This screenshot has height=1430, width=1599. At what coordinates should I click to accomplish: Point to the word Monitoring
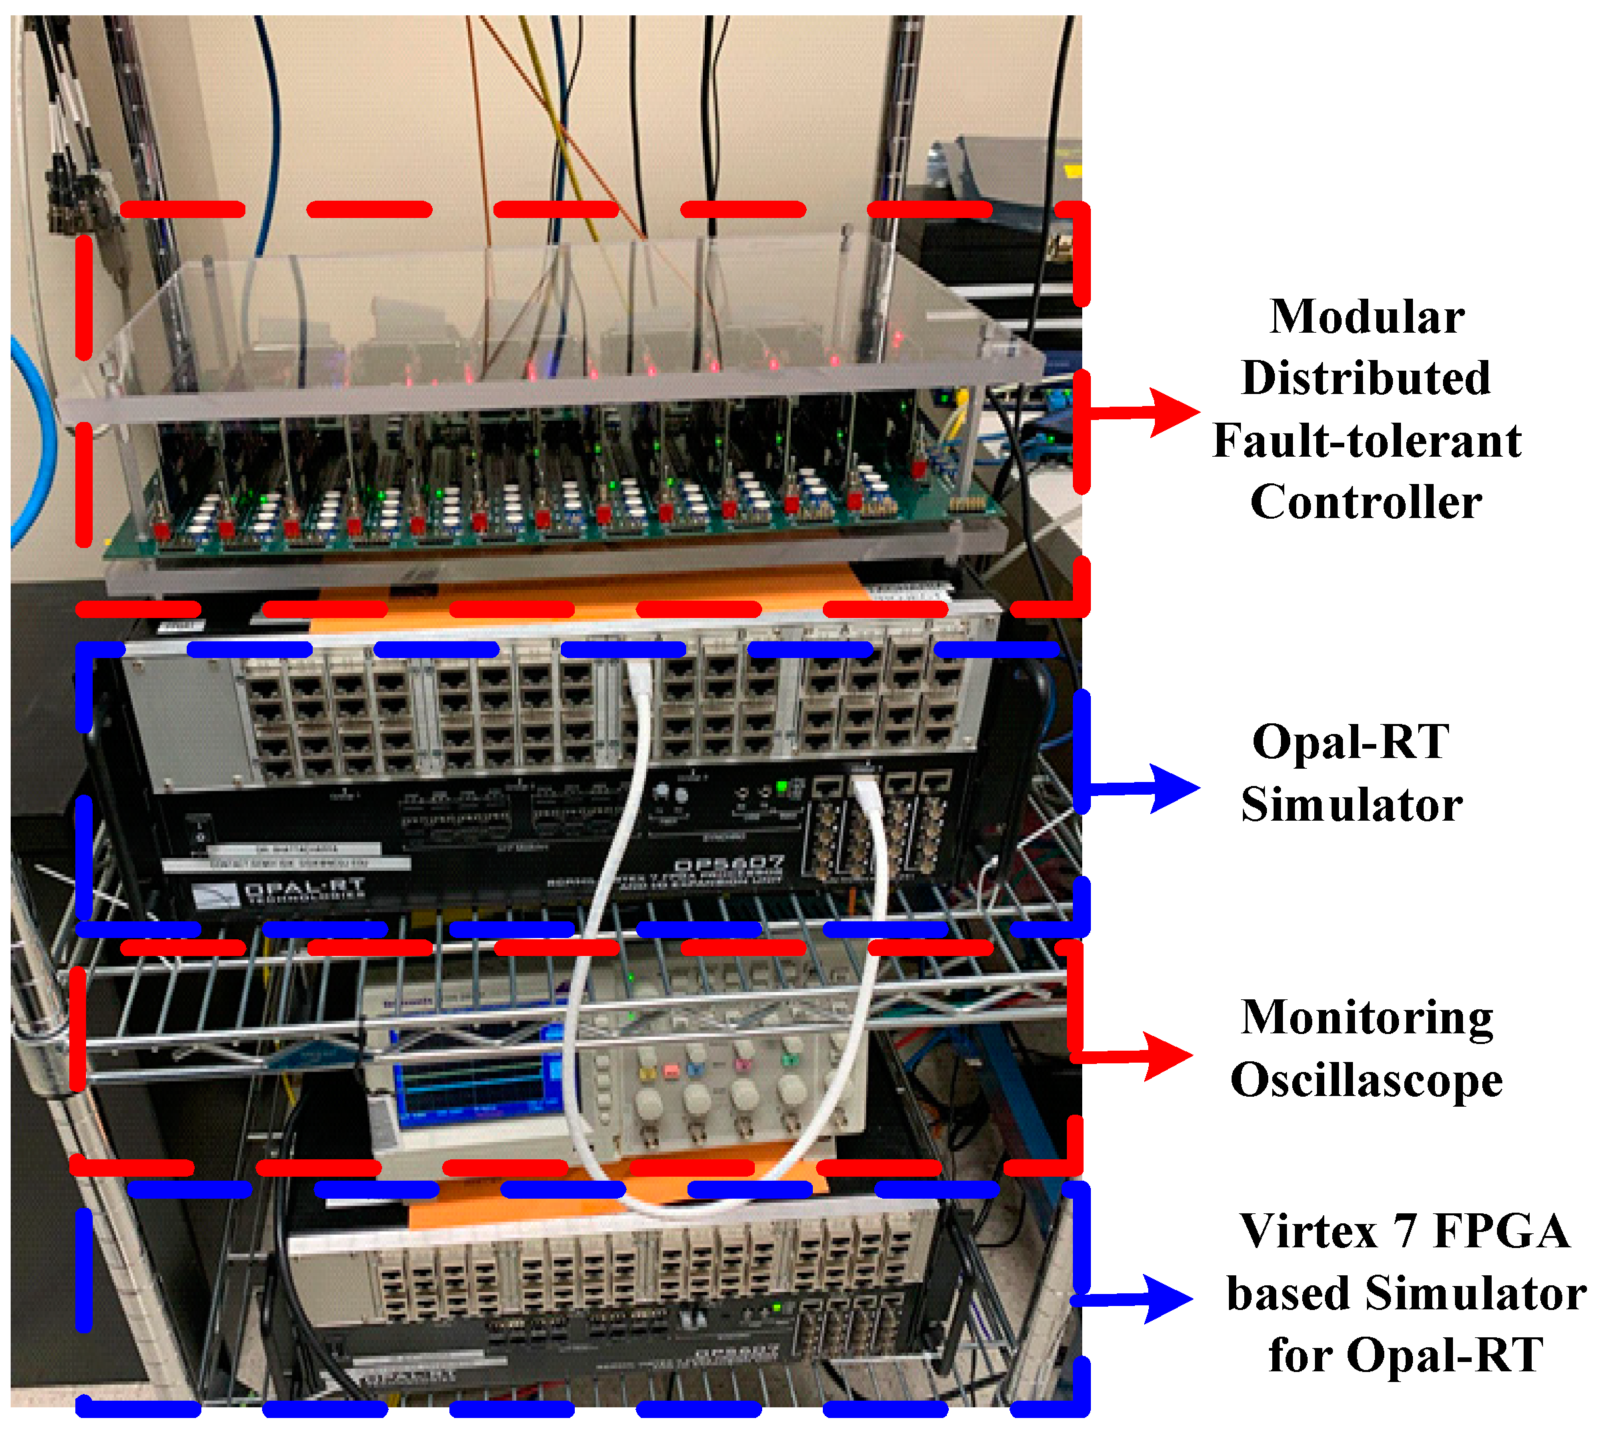[1366, 1018]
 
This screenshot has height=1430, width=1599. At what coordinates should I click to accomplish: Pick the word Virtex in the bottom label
[1308, 1231]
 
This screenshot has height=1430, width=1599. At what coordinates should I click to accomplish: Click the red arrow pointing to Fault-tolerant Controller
[1147, 412]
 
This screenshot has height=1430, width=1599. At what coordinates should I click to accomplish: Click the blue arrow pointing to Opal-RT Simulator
[1147, 788]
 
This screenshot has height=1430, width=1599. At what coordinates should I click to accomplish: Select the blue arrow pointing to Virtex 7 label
[1140, 1299]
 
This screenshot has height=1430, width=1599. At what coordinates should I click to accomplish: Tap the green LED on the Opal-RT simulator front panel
[781, 787]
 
